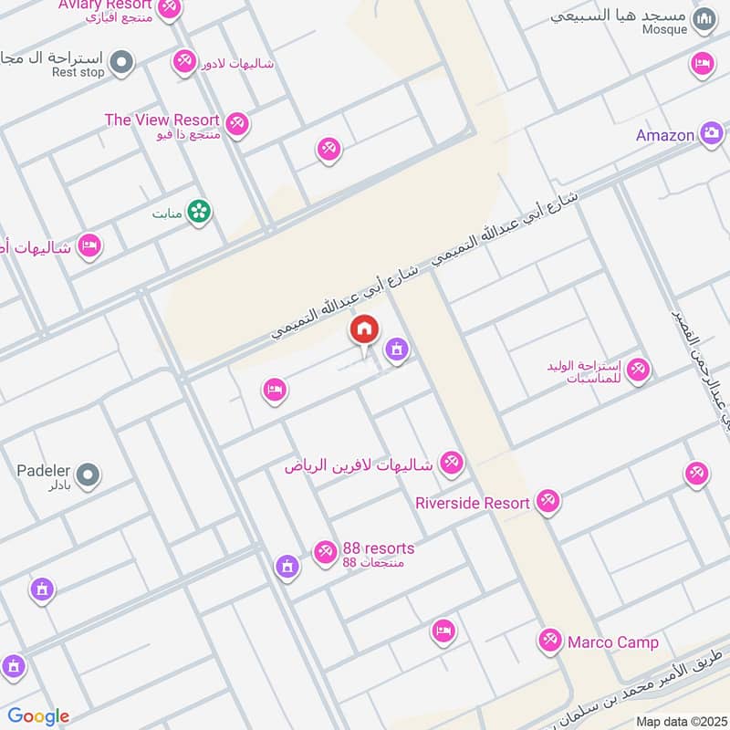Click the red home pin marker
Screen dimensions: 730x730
pyautogui.click(x=363, y=330)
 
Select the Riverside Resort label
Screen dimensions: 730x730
pyautogui.click(x=472, y=503)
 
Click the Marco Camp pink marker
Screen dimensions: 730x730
pyautogui.click(x=549, y=641)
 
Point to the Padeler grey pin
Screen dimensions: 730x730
pyautogui.click(x=88, y=474)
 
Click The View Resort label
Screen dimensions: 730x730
pyautogui.click(x=162, y=120)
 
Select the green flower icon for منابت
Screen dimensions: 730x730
pyautogui.click(x=198, y=213)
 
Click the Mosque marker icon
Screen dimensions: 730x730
pyautogui.click(x=704, y=19)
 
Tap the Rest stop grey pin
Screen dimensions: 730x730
pyautogui.click(x=122, y=63)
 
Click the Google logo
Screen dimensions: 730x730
pyautogui.click(x=38, y=716)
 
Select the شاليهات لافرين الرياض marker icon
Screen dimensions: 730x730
pyautogui.click(x=450, y=463)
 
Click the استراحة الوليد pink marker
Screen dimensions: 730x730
pyautogui.click(x=638, y=370)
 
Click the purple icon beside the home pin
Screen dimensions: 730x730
pyautogui.click(x=395, y=349)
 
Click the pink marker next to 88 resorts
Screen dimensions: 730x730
pyautogui.click(x=324, y=552)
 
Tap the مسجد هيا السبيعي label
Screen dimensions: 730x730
pyautogui.click(x=631, y=16)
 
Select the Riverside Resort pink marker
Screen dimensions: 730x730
pyautogui.click(x=547, y=502)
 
